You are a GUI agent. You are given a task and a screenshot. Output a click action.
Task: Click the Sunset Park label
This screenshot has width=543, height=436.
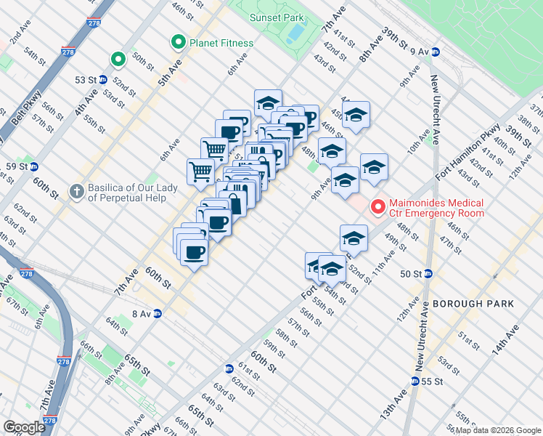click(276, 17)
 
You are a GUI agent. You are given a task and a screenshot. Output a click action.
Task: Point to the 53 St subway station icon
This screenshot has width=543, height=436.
click(103, 79)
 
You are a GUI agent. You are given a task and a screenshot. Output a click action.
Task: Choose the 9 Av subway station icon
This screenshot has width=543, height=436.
click(436, 52)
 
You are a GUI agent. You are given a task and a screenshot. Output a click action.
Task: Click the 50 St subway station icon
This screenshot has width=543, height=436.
click(428, 274)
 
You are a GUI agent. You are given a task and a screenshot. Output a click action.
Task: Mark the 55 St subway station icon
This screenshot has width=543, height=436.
click(415, 381)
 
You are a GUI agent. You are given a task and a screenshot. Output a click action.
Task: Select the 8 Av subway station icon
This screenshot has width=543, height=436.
click(157, 313)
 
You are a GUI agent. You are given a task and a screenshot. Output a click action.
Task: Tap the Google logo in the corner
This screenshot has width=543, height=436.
click(25, 427)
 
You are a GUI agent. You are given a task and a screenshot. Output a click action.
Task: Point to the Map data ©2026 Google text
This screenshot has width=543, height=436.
click(498, 430)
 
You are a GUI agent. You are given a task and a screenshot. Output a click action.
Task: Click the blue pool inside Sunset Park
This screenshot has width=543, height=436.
click(295, 33)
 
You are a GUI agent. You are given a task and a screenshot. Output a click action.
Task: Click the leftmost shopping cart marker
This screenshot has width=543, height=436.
click(200, 172)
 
